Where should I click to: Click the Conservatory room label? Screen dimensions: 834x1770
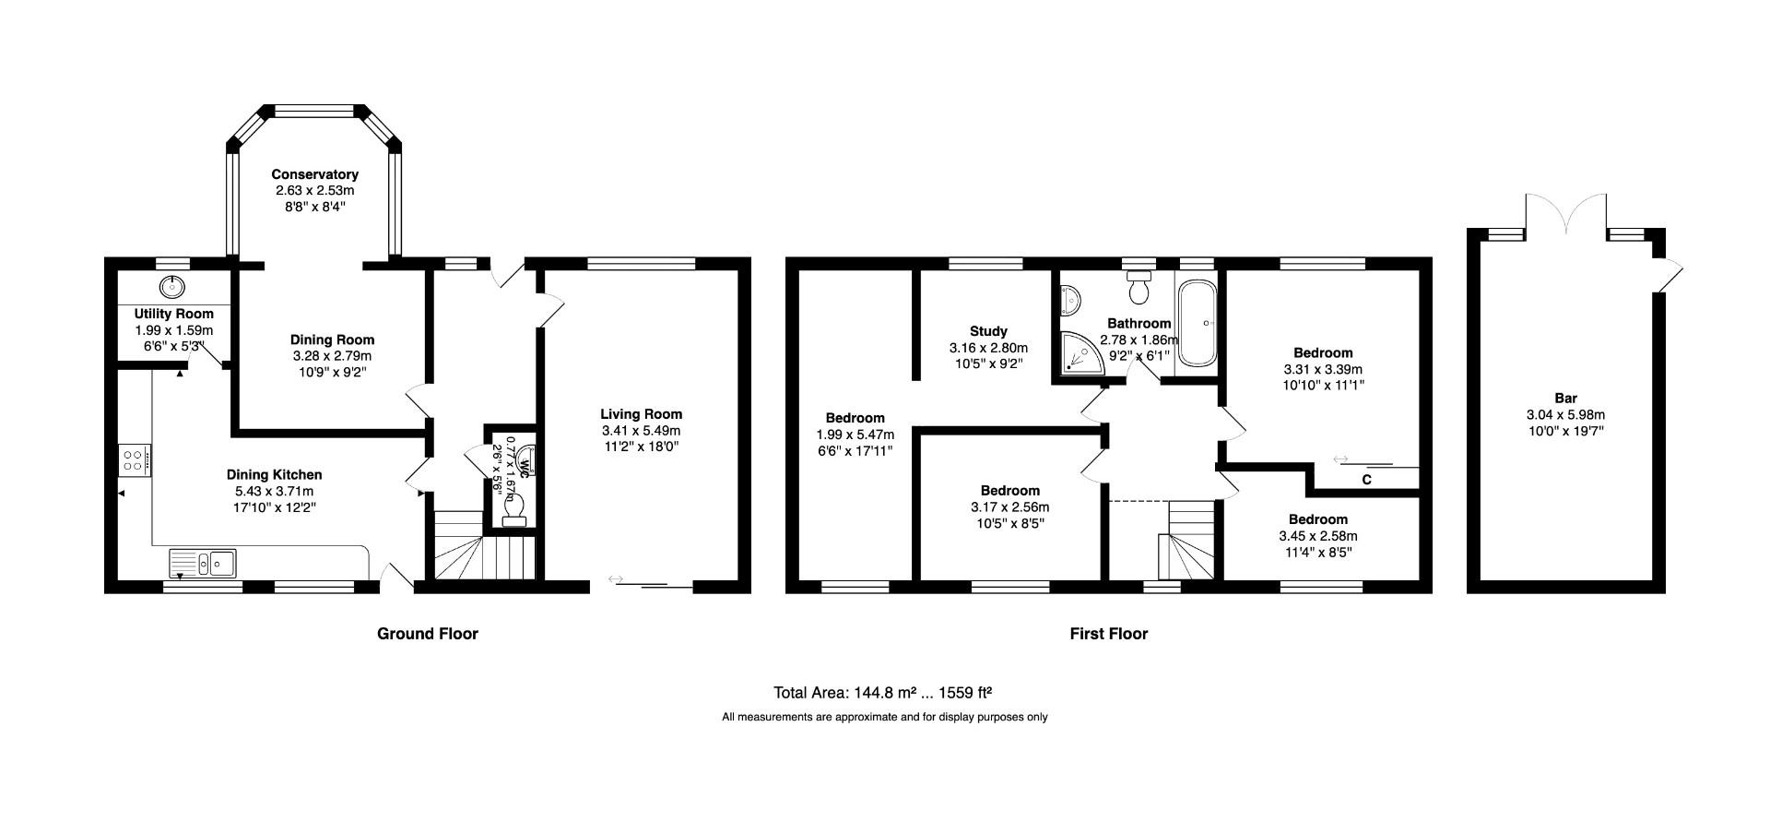tap(314, 174)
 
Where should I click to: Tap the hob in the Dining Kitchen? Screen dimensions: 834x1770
tap(134, 459)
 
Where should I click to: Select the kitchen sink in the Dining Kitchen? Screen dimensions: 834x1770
tap(203, 562)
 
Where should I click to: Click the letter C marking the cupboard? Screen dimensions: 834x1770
tap(1366, 480)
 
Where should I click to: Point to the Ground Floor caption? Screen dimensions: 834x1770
tap(427, 634)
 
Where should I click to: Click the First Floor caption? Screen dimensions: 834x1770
tap(1108, 634)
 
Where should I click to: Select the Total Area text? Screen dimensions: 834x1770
tap(882, 693)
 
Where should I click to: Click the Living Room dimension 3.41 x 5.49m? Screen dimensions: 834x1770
tap(641, 431)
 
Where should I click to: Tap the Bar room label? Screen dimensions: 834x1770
tap(1565, 399)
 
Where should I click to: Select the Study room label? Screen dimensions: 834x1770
tap(988, 331)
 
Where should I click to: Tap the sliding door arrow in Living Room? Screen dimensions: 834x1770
tap(616, 579)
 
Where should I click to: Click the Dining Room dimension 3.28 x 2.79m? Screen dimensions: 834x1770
tap(332, 356)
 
